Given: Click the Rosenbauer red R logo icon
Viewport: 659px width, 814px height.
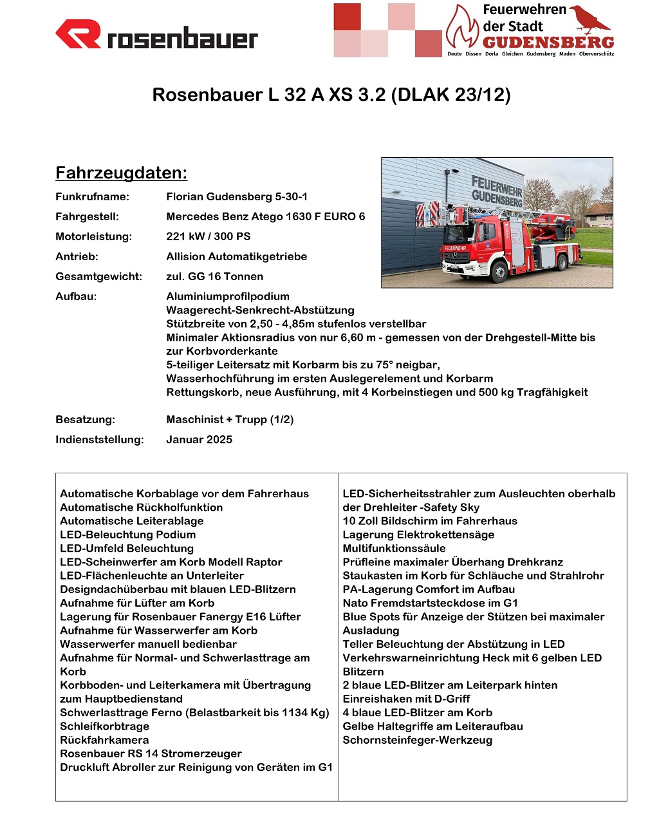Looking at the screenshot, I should click(78, 34).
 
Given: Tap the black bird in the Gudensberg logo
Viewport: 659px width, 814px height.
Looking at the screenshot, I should click(591, 19).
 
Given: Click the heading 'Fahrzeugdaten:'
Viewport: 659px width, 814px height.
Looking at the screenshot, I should click(121, 173).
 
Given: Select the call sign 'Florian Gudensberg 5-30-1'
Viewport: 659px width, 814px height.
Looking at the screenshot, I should click(237, 196).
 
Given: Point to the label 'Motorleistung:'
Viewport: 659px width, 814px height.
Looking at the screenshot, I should click(93, 236).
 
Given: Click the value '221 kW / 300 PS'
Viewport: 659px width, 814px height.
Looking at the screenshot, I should click(209, 236).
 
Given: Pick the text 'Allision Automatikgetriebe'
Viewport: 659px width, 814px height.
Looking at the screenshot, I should click(236, 256).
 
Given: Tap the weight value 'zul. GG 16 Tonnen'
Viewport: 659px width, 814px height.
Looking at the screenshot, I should click(214, 276).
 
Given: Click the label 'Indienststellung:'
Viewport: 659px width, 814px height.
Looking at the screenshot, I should click(100, 439).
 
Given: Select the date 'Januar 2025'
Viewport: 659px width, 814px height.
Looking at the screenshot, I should click(199, 439).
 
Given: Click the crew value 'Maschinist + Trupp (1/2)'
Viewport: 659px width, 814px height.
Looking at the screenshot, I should click(230, 419).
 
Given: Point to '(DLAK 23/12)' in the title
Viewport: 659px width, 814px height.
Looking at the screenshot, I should click(450, 95).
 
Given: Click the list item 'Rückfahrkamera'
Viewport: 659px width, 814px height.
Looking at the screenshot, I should click(104, 740).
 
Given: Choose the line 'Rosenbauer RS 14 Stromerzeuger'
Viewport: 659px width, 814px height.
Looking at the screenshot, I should click(151, 753).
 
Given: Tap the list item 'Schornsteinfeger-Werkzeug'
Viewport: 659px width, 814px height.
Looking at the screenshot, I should click(417, 740).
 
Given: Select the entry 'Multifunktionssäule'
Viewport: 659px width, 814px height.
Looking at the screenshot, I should click(394, 548).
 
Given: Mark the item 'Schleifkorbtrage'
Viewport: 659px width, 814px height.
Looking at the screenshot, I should click(104, 726).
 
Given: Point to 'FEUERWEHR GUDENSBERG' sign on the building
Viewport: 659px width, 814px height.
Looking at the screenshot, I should click(496, 191).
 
